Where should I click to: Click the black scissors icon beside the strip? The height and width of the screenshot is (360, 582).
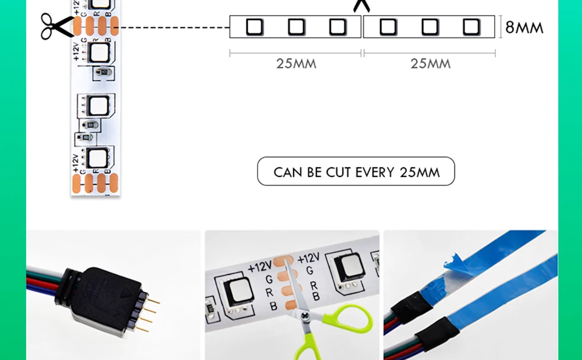click(x=56, y=26)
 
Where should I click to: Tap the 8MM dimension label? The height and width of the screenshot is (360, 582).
click(x=524, y=27)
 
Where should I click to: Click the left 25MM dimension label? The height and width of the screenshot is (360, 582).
click(x=296, y=64)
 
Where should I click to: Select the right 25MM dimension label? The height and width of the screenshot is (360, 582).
click(x=430, y=64)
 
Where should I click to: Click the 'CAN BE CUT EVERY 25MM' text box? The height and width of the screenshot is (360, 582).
click(x=356, y=172)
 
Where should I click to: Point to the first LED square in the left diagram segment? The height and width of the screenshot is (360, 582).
click(x=254, y=27)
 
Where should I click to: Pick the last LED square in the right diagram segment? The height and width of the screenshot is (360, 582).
click(x=471, y=27)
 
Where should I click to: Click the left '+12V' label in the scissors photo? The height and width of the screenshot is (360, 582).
click(x=259, y=267)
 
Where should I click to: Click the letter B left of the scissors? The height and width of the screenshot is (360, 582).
click(x=273, y=307)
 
